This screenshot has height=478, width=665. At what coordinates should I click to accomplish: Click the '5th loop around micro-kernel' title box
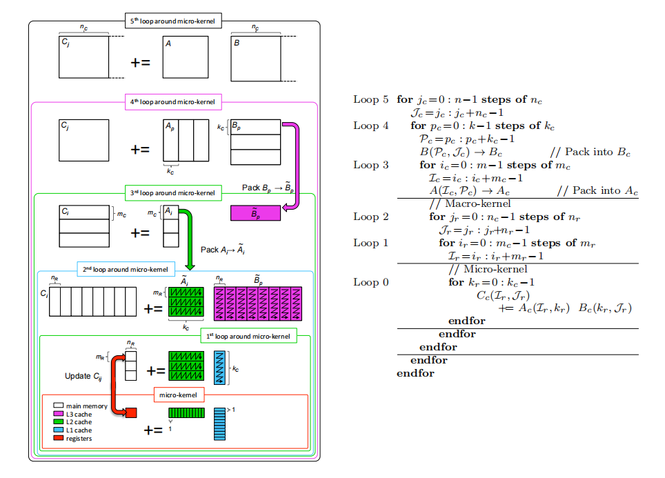tap(173, 21)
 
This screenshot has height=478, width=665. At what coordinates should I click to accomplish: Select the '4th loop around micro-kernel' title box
tap(173, 102)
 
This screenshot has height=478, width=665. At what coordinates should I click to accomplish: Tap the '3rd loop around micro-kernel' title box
tap(173, 193)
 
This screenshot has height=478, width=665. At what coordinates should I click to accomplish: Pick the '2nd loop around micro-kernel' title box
tap(126, 269)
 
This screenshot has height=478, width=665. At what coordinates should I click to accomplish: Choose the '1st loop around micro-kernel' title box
tap(248, 336)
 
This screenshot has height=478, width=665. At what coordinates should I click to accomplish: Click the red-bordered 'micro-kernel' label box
tap(179, 395)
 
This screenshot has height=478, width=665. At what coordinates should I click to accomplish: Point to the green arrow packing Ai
tap(189, 237)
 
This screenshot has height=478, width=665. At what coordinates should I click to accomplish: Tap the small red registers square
tap(131, 412)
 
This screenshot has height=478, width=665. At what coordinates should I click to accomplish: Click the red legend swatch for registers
tap(59, 438)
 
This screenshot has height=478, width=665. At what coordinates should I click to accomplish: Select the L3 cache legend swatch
tap(59, 414)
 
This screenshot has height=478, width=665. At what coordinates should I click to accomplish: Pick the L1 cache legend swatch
tap(59, 430)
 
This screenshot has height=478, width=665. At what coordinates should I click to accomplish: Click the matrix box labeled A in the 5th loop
tap(186, 57)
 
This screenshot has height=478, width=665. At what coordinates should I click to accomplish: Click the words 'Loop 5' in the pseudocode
tap(370, 100)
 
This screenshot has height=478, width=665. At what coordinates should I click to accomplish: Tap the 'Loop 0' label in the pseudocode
tap(370, 283)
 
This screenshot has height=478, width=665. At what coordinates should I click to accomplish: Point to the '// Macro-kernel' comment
tap(470, 204)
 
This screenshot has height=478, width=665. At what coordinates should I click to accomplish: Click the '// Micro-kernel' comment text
tap(488, 269)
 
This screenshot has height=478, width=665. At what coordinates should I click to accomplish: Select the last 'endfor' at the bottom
tap(415, 373)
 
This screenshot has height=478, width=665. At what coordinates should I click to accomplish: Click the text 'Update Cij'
tap(83, 377)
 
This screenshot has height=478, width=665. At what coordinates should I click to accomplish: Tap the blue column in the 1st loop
tap(219, 368)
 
